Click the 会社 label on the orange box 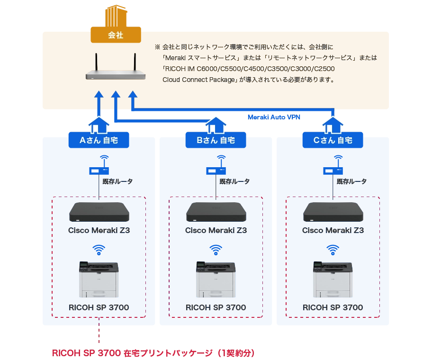(116, 36)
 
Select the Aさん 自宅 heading (99, 140)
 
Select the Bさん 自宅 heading (216, 140)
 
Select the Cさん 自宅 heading (333, 140)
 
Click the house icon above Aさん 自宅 (99, 125)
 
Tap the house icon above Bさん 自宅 (216, 125)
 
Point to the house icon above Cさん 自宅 (333, 125)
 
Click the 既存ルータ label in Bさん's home (234, 181)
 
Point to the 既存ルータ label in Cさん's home (351, 181)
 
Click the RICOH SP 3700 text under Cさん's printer (333, 307)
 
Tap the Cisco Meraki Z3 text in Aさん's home (99, 231)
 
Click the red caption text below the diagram (153, 353)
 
